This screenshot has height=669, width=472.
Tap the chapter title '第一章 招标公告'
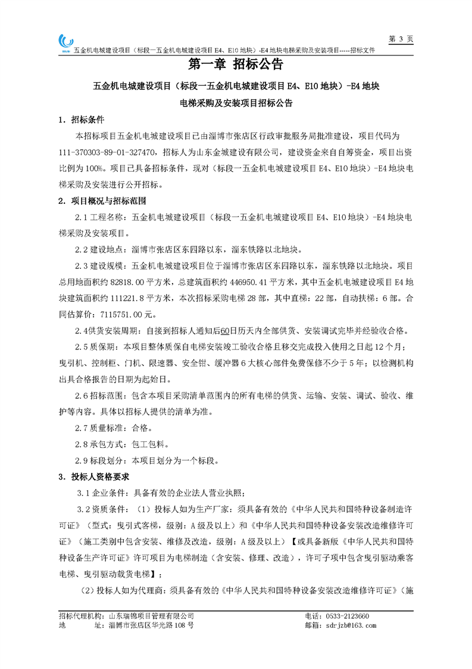click(x=236, y=64)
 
